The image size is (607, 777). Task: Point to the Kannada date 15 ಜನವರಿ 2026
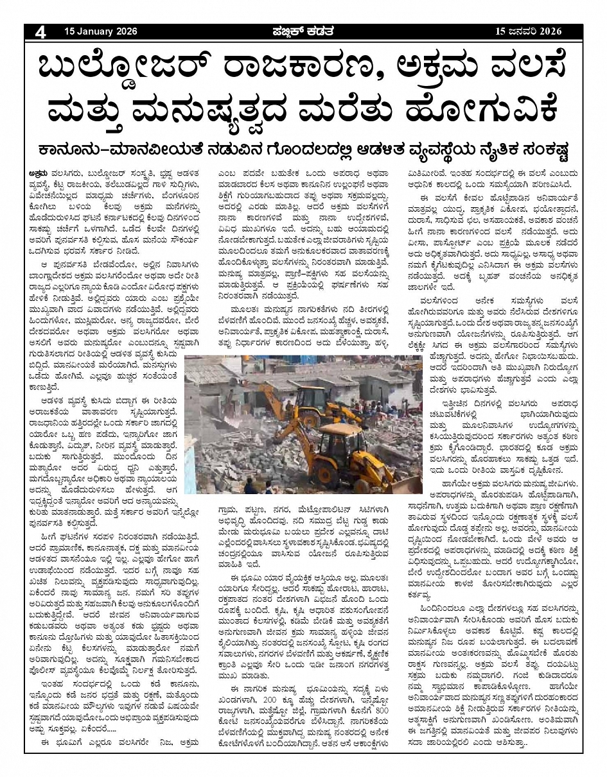529,31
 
